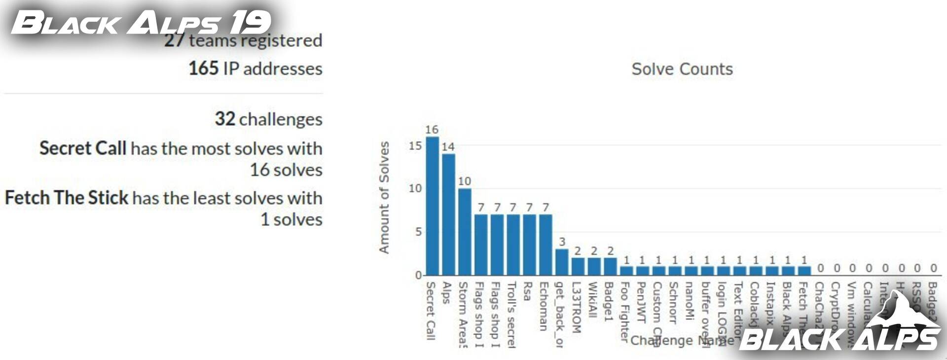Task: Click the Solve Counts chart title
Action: pyautogui.click(x=682, y=69)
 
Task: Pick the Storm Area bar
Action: pyautogui.click(x=465, y=232)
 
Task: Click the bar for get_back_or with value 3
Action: pyautogui.click(x=562, y=262)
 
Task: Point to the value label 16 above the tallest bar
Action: pyautogui.click(x=432, y=130)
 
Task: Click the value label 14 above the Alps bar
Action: pyautogui.click(x=448, y=147)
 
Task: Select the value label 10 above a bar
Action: pyautogui.click(x=464, y=181)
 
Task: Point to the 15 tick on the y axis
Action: pyautogui.click(x=415, y=146)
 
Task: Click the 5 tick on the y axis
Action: pyautogui.click(x=418, y=232)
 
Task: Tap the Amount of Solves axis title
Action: pyautogui.click(x=384, y=197)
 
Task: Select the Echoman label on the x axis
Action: pyautogui.click(x=544, y=306)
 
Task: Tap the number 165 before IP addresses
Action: pyautogui.click(x=203, y=69)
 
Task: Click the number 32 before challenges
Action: pyautogui.click(x=225, y=119)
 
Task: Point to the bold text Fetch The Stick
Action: pyautogui.click(x=67, y=198)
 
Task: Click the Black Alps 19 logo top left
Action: pyautogui.click(x=141, y=23)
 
